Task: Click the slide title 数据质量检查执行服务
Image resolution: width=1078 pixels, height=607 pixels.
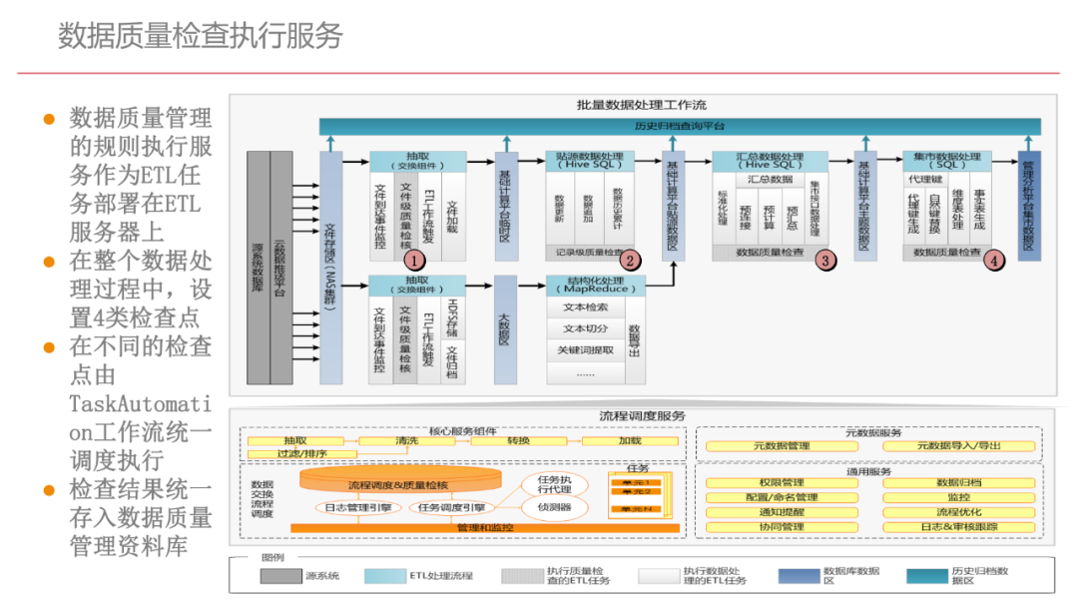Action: click(201, 36)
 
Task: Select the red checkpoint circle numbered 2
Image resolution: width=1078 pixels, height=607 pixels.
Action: click(629, 260)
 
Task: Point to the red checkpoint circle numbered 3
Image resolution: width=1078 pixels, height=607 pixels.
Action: click(824, 260)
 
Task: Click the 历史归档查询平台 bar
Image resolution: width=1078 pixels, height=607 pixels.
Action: click(680, 127)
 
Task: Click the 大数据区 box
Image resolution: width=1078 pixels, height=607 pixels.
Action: click(505, 329)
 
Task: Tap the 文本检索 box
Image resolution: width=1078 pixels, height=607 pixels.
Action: click(585, 307)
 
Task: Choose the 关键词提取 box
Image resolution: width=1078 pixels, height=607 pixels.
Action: click(585, 349)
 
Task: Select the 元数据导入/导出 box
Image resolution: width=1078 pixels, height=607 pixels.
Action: click(958, 446)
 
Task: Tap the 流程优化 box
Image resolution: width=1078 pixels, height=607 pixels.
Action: click(958, 512)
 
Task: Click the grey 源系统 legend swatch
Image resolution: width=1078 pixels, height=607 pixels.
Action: click(280, 576)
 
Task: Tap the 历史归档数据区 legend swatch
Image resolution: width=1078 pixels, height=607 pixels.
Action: click(926, 576)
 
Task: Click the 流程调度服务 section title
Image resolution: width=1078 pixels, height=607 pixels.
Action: click(642, 415)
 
